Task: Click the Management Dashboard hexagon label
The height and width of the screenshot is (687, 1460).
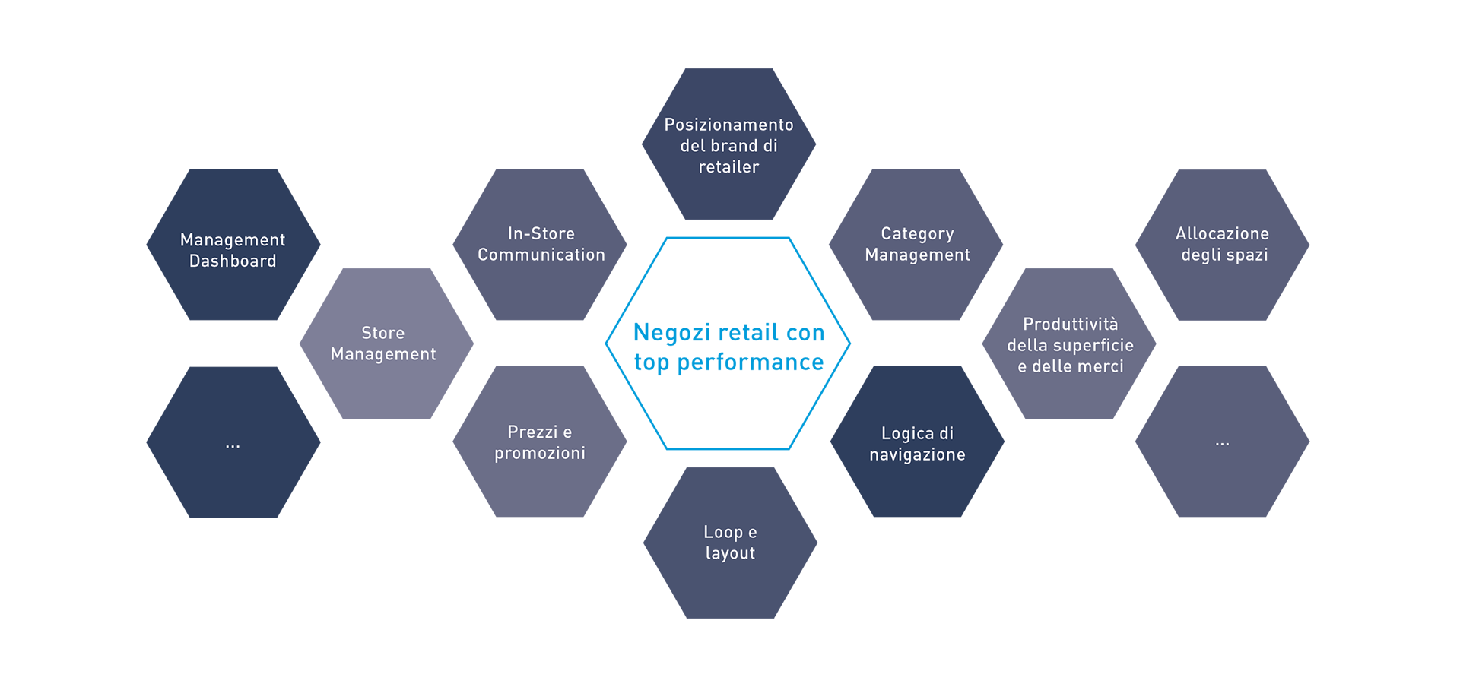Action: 233,250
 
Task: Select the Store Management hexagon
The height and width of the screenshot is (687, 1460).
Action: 383,343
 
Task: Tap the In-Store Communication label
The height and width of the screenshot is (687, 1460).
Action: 541,244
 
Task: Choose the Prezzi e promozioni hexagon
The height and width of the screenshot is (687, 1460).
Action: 540,442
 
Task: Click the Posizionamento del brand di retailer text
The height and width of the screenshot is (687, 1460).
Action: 728,145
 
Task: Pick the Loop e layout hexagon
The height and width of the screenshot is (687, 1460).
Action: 730,543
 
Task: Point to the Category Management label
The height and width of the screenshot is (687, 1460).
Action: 917,244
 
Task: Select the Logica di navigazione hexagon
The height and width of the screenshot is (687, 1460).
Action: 917,444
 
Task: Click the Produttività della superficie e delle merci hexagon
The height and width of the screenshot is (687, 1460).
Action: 1070,345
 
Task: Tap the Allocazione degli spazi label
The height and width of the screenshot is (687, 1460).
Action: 1223,244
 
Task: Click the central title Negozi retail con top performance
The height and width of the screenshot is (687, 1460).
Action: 728,348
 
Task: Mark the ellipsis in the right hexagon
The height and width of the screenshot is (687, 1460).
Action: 1222,443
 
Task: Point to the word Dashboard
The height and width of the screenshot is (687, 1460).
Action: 233,261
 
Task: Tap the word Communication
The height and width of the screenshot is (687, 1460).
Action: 541,255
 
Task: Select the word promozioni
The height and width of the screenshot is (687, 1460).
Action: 540,453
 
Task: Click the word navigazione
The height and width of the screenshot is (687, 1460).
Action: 917,454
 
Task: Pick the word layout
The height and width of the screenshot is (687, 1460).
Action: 730,553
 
